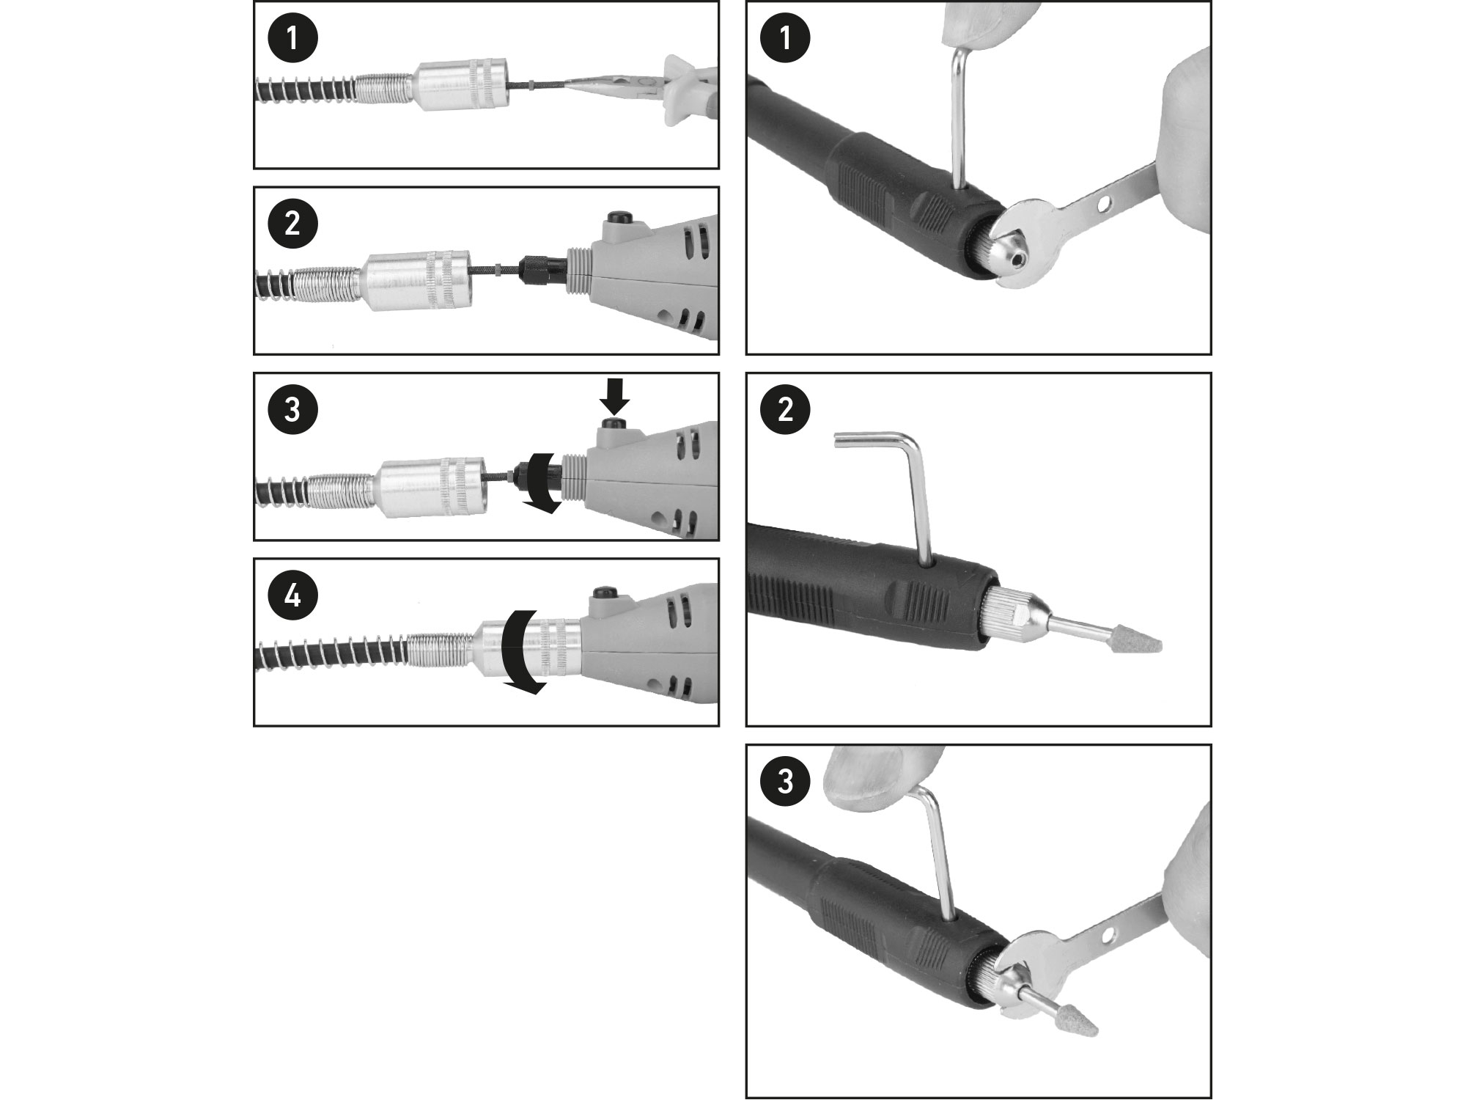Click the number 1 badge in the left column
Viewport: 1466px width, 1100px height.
[x=292, y=37]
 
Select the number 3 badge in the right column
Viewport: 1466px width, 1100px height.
[x=785, y=782]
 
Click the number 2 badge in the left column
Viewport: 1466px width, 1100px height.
[x=292, y=223]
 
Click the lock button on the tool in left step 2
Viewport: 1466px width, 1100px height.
[x=620, y=218]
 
